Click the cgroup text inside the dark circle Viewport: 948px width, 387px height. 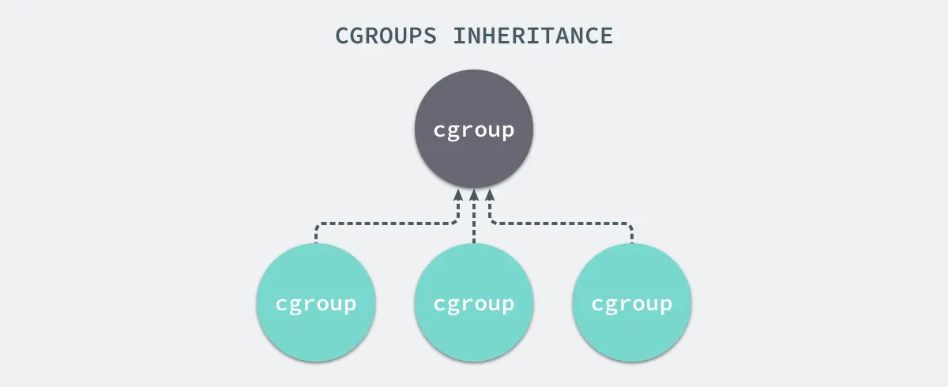pyautogui.click(x=474, y=130)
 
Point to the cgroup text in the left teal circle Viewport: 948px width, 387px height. pyautogui.click(x=316, y=303)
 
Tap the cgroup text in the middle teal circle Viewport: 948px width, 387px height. pyautogui.click(x=474, y=303)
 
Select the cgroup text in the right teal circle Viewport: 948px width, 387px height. pyautogui.click(x=632, y=303)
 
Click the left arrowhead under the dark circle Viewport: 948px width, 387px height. pyautogui.click(x=458, y=194)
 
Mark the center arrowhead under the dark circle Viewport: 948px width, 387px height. pyautogui.click(x=474, y=194)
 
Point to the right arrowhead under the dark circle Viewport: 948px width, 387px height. pyautogui.click(x=490, y=194)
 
